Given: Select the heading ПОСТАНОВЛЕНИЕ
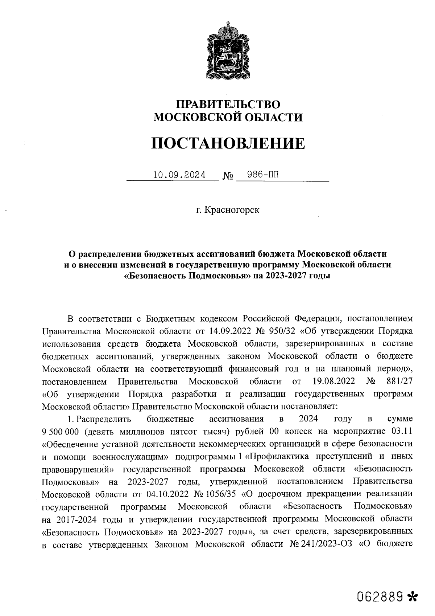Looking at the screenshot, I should pos(228,144).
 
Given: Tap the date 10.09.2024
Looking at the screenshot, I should pos(179,175).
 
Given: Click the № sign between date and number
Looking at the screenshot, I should pos(228,176).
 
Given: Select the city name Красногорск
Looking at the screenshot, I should pos(232,210).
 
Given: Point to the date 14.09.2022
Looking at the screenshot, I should pos(230,331).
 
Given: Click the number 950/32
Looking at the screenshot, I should pos(283,331).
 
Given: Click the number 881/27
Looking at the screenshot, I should pos(398,382).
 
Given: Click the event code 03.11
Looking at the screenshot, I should pos(400,431).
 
